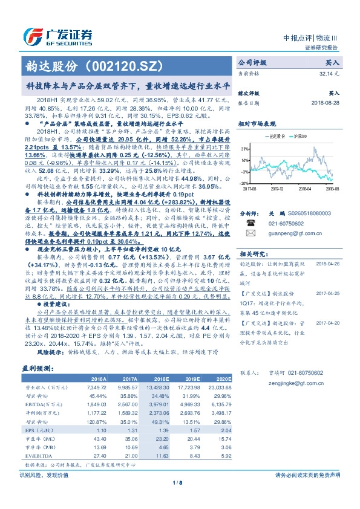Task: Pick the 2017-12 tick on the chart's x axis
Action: point(277,188)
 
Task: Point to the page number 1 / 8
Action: point(180,482)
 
